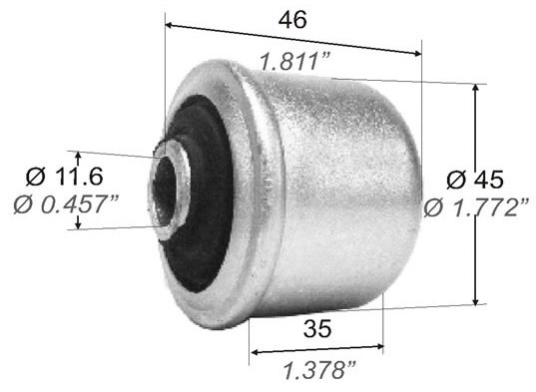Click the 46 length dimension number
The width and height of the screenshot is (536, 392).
292,20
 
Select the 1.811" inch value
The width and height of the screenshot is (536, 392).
295,62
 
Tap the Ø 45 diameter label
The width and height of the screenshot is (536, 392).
475,180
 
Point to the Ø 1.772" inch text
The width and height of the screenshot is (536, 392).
477,207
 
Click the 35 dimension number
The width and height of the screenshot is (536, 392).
317,328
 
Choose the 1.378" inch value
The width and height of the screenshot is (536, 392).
319,370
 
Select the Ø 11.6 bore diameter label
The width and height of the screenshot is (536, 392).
65,177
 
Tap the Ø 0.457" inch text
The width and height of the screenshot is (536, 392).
66,204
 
